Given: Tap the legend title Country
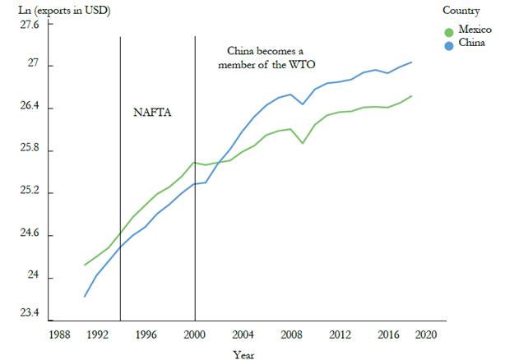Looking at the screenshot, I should point(461,11).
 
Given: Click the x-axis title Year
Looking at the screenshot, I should point(243,354).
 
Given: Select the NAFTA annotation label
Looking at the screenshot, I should point(152,112).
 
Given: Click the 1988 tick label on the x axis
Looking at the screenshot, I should point(59,335).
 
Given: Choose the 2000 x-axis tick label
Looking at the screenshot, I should point(195,335).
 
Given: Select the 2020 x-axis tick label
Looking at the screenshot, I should point(425,335).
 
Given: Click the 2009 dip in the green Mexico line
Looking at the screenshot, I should point(303,143).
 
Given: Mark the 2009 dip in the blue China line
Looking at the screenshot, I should point(303,104).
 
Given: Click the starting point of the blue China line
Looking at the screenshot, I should point(84,297).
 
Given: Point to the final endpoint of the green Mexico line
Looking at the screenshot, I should point(411,96).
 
